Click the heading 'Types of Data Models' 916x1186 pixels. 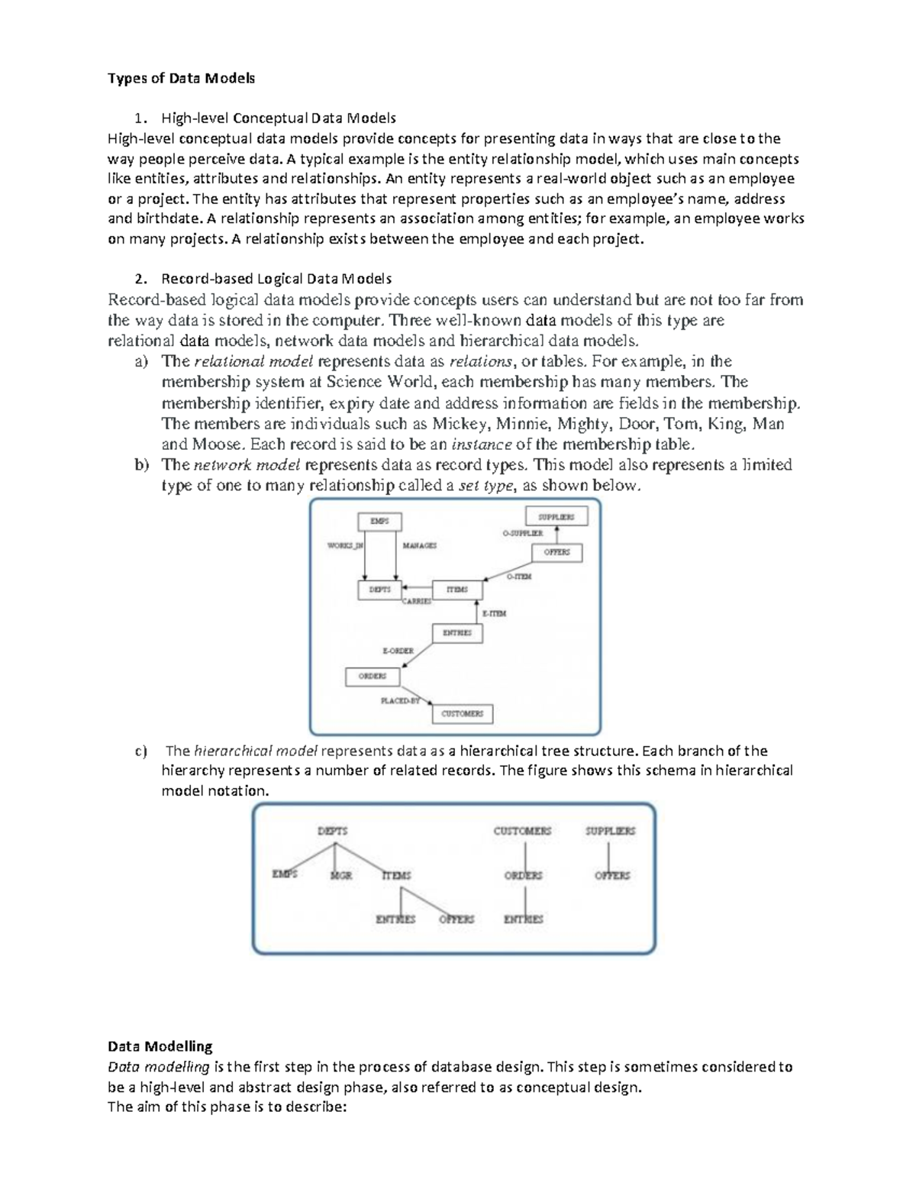pyautogui.click(x=181, y=78)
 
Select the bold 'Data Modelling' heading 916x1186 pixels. pyautogui.click(x=160, y=1046)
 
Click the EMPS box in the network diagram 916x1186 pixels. pyautogui.click(x=379, y=522)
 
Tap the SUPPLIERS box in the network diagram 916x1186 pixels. pyautogui.click(x=556, y=517)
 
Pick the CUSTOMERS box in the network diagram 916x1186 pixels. pyautogui.click(x=463, y=713)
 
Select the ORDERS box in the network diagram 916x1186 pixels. pyautogui.click(x=373, y=677)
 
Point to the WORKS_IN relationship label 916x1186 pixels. pyautogui.click(x=345, y=546)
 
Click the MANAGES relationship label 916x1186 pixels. pyautogui.click(x=419, y=546)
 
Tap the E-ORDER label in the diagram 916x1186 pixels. pyautogui.click(x=398, y=651)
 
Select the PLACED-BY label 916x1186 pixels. pyautogui.click(x=400, y=701)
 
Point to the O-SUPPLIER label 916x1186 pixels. pyautogui.click(x=522, y=533)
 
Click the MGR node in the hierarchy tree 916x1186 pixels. pyautogui.click(x=340, y=876)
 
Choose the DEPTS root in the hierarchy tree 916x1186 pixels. pyautogui.click(x=332, y=831)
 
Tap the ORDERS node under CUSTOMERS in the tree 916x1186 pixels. pyautogui.click(x=523, y=876)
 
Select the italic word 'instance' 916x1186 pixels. pyautogui.click(x=482, y=444)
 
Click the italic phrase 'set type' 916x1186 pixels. pyautogui.click(x=485, y=486)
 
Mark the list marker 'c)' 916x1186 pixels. pyautogui.click(x=140, y=751)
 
